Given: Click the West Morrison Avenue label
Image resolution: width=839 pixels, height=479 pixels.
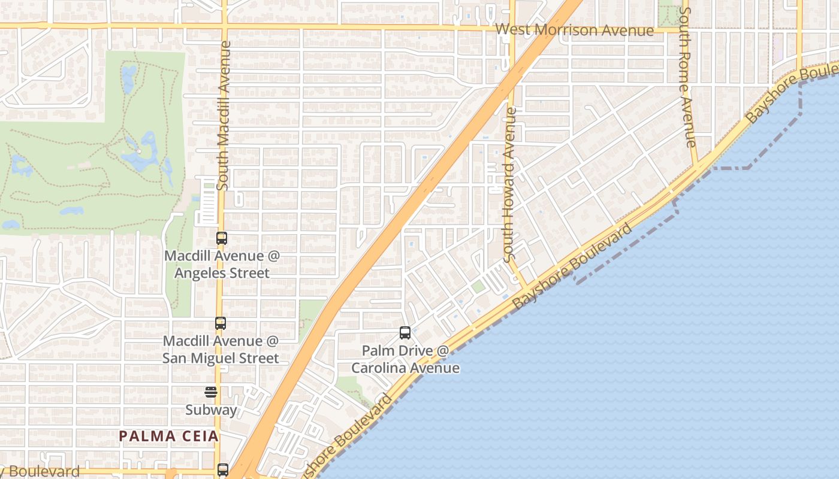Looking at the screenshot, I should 575,30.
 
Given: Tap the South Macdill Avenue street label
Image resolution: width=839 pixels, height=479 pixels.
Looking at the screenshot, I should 224,116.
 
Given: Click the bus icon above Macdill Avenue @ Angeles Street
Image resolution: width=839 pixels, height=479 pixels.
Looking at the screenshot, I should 221,238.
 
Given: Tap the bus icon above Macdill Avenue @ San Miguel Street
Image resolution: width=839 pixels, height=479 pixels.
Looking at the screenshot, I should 221,323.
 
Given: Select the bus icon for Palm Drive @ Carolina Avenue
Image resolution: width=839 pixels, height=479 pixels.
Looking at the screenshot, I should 405,333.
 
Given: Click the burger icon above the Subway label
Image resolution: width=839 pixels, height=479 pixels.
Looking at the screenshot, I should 210,392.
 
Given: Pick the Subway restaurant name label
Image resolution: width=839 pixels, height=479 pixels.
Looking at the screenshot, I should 211,410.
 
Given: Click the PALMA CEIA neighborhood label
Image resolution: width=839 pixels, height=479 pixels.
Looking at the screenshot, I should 168,436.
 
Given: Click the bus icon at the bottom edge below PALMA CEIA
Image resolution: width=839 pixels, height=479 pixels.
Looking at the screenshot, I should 223,469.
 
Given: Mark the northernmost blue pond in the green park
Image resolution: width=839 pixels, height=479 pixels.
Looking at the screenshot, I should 128,76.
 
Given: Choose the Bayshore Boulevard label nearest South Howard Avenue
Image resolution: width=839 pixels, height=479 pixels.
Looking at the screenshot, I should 572,266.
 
